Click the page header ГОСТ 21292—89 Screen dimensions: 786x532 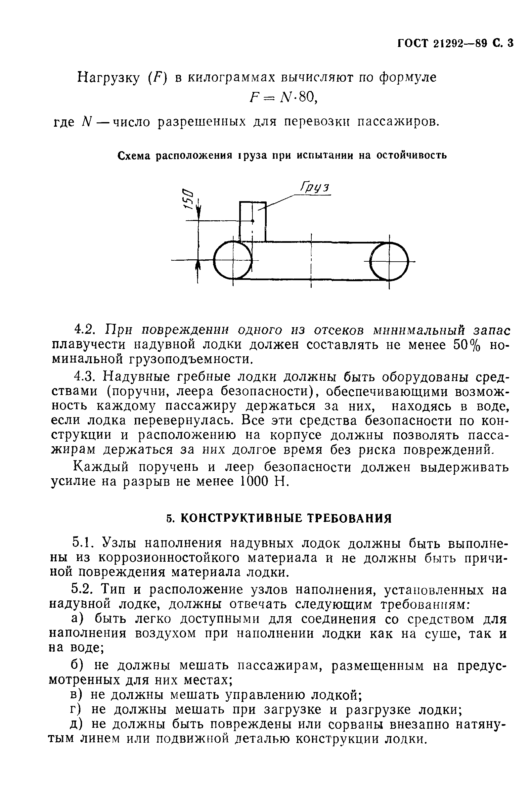point(443,44)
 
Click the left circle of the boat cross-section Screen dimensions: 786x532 point(233,260)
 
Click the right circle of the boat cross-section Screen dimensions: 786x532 point(389,261)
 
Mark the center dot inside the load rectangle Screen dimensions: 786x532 point(253,221)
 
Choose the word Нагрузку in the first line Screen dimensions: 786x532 point(109,78)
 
